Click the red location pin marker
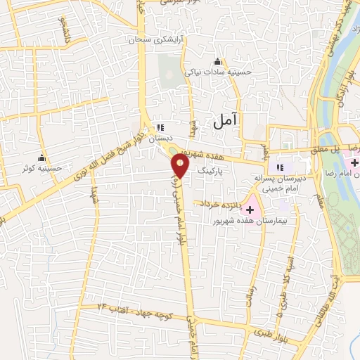[x=180, y=166]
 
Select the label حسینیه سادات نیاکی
[x=217, y=72]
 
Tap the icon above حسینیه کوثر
[x=41, y=157]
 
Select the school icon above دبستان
[x=160, y=128]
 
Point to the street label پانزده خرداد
[x=218, y=204]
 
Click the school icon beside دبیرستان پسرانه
[x=280, y=167]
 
